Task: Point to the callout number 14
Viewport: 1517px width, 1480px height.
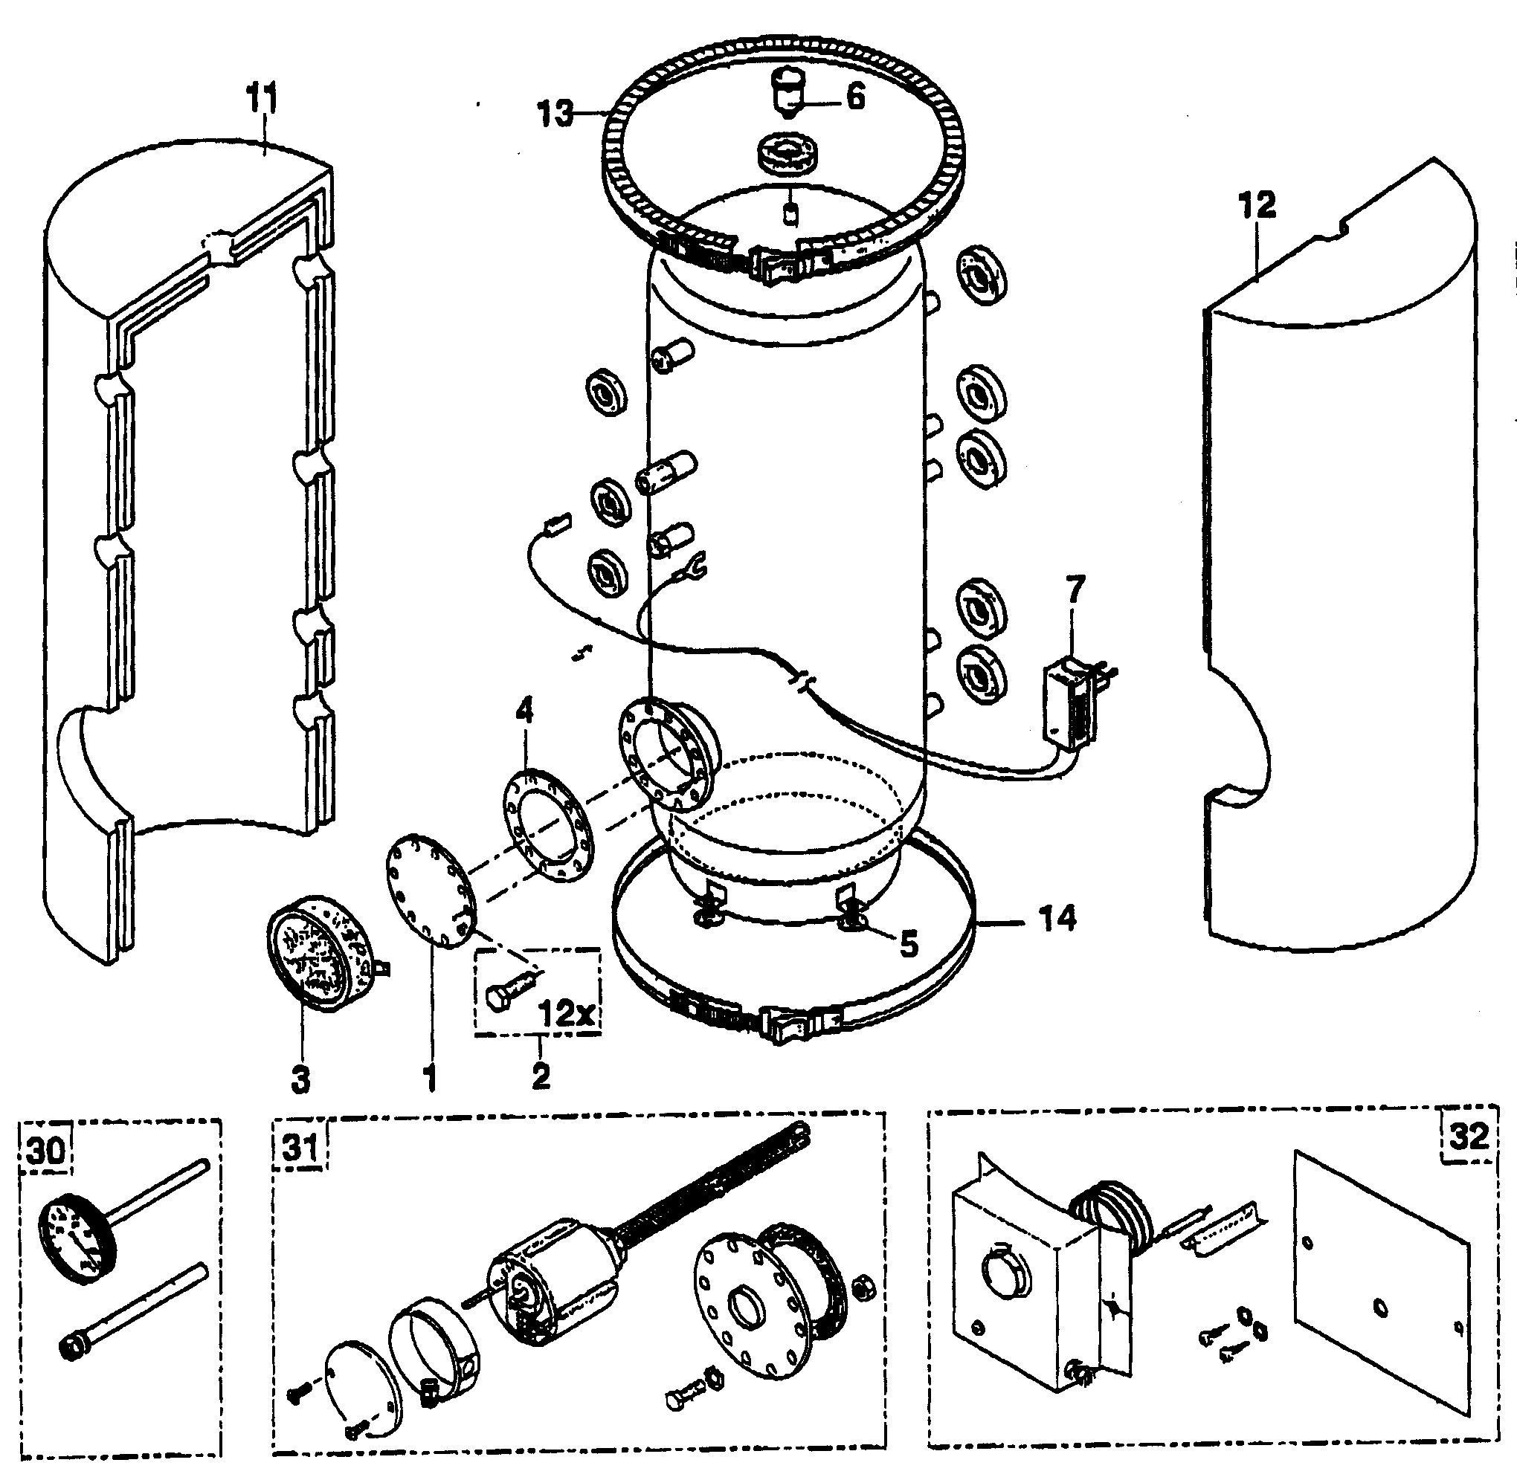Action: point(1055,919)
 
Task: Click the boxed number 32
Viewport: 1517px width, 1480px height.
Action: point(1469,1137)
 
